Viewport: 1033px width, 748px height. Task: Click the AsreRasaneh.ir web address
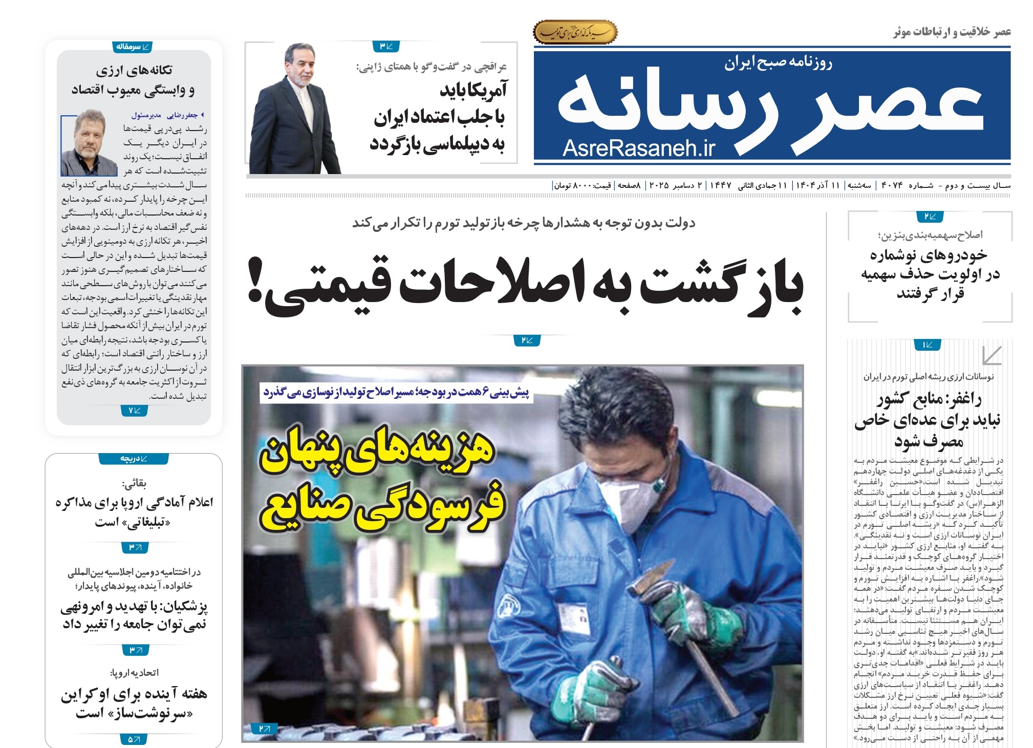(x=638, y=148)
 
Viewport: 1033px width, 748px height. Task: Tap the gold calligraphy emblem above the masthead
(x=575, y=32)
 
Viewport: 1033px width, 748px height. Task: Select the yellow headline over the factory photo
(x=381, y=479)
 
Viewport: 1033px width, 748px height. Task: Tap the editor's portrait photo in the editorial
(x=89, y=144)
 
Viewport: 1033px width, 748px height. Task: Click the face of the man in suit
(x=300, y=70)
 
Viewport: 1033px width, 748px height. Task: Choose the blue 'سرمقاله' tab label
(x=133, y=47)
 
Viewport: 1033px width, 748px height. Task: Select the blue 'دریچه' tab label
(x=134, y=459)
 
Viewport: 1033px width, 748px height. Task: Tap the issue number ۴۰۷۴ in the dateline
(x=892, y=185)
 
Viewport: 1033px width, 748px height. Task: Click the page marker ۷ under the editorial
(x=134, y=410)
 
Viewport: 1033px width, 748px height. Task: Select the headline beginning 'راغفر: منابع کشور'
(x=928, y=420)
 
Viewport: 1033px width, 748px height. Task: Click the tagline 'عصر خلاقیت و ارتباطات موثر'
(x=952, y=32)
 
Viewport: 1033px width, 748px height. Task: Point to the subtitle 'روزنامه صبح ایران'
(x=778, y=63)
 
